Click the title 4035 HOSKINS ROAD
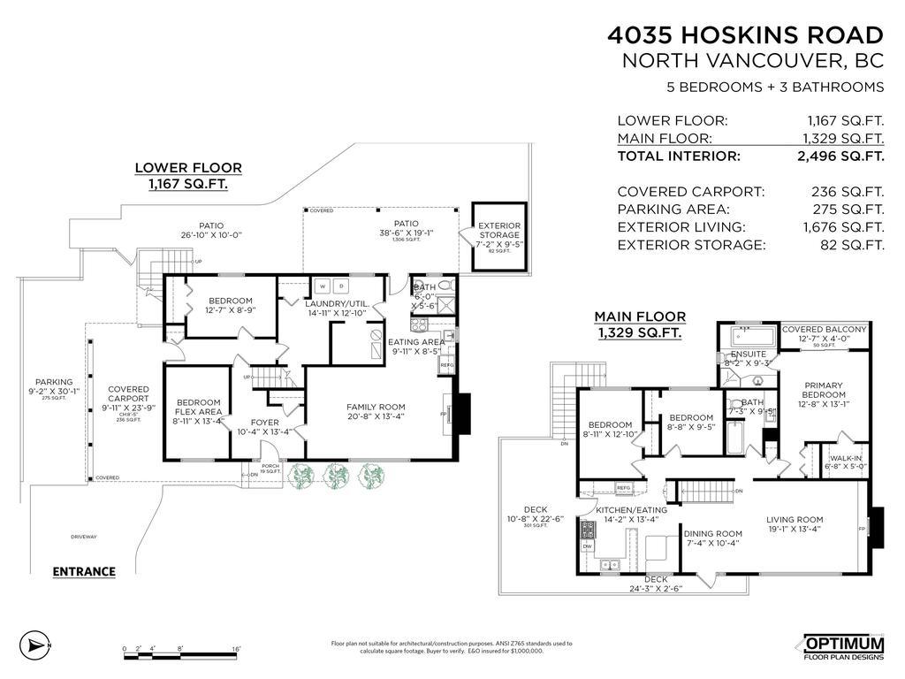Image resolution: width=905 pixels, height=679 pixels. click(744, 35)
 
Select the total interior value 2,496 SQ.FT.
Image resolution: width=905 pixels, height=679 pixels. click(840, 156)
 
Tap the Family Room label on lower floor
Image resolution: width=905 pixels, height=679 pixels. click(376, 408)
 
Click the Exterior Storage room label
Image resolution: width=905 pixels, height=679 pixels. click(499, 231)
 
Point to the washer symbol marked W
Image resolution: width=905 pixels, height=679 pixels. click(323, 286)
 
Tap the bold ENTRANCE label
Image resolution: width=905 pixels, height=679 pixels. click(84, 571)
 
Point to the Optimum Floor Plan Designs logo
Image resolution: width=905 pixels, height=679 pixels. click(842, 647)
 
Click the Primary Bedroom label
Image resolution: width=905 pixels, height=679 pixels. click(824, 390)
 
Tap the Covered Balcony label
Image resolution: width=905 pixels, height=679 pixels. click(825, 329)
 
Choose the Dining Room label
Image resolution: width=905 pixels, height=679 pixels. click(712, 534)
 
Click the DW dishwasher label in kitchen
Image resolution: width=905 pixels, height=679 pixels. click(587, 546)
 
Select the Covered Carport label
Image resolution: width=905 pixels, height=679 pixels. click(128, 394)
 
